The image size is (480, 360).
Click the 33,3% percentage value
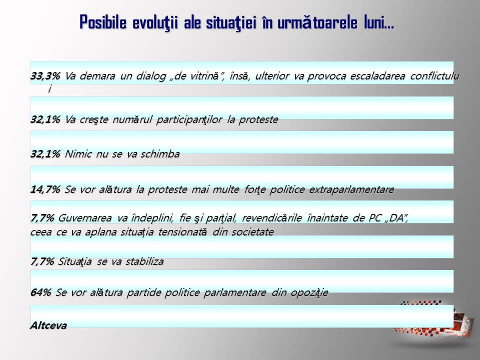[x=45, y=76]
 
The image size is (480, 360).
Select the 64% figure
[x=40, y=292]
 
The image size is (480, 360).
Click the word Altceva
[x=48, y=325]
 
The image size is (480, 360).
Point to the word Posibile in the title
[x=103, y=22]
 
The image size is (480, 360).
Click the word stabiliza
[x=144, y=261]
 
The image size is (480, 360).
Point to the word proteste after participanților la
[x=258, y=120]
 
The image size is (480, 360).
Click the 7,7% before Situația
[x=42, y=261]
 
